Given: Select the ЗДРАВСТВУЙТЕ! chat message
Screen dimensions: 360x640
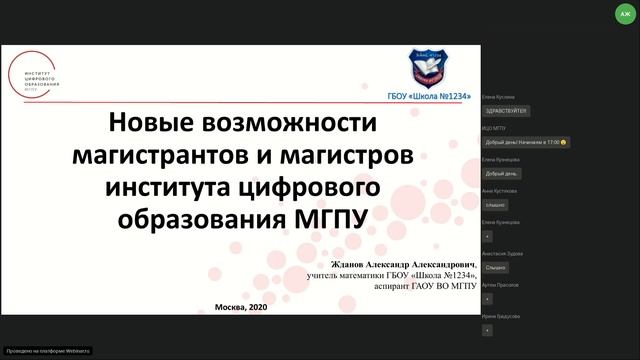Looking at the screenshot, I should pos(505,110).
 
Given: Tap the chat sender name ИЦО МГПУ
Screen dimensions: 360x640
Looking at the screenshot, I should pos(493,128).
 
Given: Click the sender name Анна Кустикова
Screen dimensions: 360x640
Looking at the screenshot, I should pos(501,190).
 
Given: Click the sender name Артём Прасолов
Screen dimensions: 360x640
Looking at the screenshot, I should pos(500,285).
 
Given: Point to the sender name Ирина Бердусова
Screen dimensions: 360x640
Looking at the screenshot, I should pos(500,316).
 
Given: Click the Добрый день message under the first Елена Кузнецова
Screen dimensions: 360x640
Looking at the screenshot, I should pos(499,173).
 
